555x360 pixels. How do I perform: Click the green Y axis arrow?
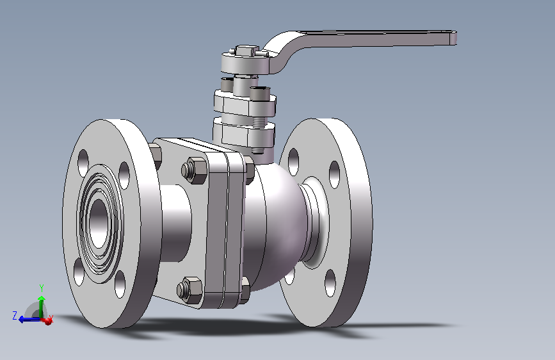(42, 306)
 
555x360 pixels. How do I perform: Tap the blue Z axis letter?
(15, 315)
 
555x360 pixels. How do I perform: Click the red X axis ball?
(47, 321)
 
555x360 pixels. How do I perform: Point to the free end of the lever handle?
(453, 38)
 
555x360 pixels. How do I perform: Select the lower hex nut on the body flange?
(189, 290)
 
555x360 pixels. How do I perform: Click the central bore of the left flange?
(98, 223)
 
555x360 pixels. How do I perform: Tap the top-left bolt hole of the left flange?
(83, 162)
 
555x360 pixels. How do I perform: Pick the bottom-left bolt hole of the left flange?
(79, 272)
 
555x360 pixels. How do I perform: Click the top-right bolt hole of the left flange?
(124, 176)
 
